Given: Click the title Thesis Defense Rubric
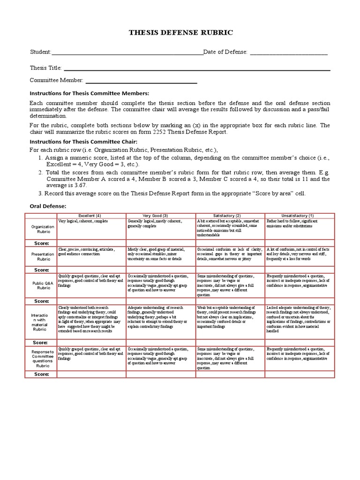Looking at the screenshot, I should [x=180, y=33].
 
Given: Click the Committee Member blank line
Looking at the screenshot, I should [x=141, y=83].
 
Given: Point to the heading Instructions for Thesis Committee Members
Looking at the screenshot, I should [x=89, y=93].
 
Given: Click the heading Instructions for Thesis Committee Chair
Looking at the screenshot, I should [x=83, y=141].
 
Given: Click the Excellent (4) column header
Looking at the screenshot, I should [x=91, y=215].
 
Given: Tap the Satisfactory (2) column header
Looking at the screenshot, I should [x=230, y=215].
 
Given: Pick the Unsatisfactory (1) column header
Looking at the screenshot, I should [x=300, y=215].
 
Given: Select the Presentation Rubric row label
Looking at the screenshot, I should [x=43, y=256].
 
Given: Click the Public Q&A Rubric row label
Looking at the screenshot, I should [x=43, y=285].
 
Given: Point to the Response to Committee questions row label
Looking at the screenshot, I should [x=43, y=358].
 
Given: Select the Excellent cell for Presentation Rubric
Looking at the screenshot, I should [x=91, y=256].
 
